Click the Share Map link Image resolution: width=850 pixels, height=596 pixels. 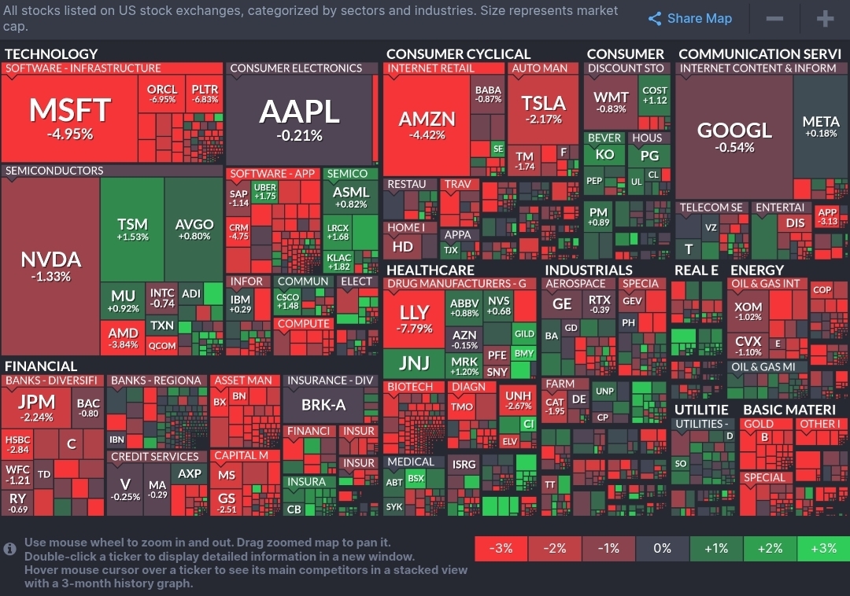(x=690, y=19)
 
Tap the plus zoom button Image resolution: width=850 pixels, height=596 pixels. (x=824, y=19)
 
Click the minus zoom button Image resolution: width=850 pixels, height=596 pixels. (x=774, y=19)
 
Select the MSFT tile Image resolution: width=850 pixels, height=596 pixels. (x=71, y=118)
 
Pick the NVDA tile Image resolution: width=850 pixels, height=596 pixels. (x=50, y=266)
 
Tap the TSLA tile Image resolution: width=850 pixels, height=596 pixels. (x=543, y=110)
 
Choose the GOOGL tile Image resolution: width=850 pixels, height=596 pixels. (x=734, y=136)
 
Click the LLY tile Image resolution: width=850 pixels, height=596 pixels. (x=414, y=318)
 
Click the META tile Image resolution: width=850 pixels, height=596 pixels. (x=821, y=127)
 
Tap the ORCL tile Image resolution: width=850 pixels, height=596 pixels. (x=162, y=94)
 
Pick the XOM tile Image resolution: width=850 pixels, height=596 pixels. (x=748, y=312)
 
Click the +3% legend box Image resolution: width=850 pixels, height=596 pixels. (x=823, y=548)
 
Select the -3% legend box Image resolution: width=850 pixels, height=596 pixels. (x=501, y=548)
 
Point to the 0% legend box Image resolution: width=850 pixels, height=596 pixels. (x=662, y=548)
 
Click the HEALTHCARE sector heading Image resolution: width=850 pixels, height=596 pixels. (x=430, y=270)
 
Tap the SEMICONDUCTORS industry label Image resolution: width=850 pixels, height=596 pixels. (x=54, y=171)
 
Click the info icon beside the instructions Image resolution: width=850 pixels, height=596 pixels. (x=10, y=549)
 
